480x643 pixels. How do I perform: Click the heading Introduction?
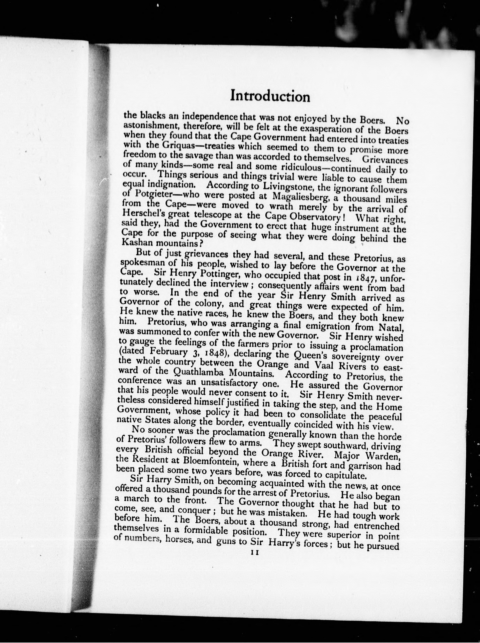270,96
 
